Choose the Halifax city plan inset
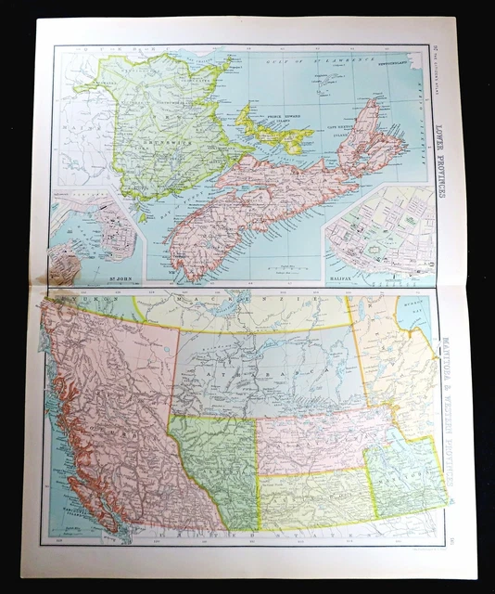coord(380,232)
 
